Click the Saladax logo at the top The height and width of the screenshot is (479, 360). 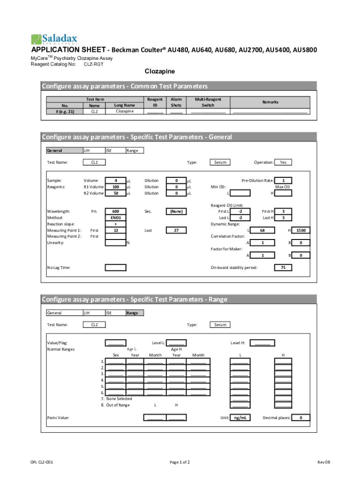click(54, 39)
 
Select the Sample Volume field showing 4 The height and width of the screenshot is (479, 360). click(115, 180)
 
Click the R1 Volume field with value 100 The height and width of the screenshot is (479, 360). click(115, 187)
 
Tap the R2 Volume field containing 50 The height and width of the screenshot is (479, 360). click(115, 193)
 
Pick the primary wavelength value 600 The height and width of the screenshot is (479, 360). click(115, 211)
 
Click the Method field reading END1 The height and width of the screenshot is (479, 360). click(115, 218)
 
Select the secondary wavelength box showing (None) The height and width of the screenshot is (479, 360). click(176, 211)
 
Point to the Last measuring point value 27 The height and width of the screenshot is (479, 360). click(176, 230)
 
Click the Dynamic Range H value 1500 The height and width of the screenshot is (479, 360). click(300, 230)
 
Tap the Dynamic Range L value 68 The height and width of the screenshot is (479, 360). click(262, 230)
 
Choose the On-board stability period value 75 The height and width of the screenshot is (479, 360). click(283, 268)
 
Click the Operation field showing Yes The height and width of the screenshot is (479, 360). click(283, 162)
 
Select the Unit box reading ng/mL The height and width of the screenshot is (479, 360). click(240, 418)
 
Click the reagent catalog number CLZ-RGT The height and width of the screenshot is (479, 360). click(94, 64)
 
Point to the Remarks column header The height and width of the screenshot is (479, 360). click(270, 102)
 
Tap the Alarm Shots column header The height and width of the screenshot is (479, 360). click(176, 102)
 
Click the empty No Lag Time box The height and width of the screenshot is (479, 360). click(115, 268)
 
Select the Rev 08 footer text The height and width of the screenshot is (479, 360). click(324, 462)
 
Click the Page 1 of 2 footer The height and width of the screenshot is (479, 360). click(180, 462)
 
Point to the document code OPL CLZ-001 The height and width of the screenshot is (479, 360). click(42, 462)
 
